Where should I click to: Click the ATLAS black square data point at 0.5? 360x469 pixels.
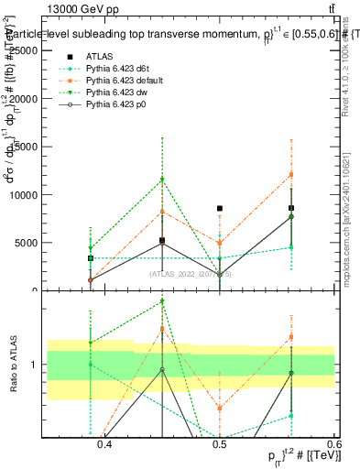pyautogui.click(x=220, y=209)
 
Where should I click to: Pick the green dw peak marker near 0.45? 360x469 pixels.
pyautogui.click(x=162, y=180)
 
